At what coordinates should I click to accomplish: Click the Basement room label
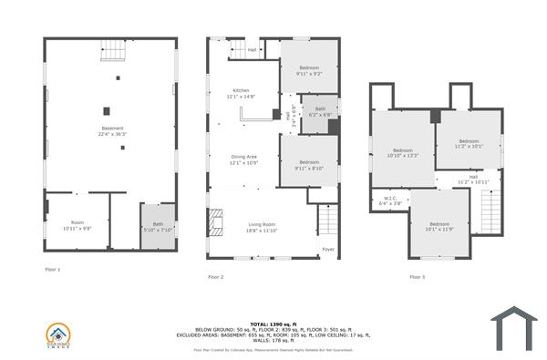113,130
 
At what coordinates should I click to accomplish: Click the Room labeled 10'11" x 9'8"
77,225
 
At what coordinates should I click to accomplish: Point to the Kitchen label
241,93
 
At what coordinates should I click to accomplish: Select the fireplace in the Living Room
215,221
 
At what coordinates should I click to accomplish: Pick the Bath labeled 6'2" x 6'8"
320,111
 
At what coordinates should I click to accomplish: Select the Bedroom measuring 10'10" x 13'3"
404,152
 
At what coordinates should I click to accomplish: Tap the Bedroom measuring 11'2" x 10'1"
468,143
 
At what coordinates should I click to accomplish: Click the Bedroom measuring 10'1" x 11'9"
439,226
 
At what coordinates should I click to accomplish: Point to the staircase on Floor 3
490,214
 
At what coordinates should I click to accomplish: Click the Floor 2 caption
215,276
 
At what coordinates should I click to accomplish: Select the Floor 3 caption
417,276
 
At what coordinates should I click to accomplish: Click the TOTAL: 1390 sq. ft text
273,324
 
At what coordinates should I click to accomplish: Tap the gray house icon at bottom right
515,326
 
